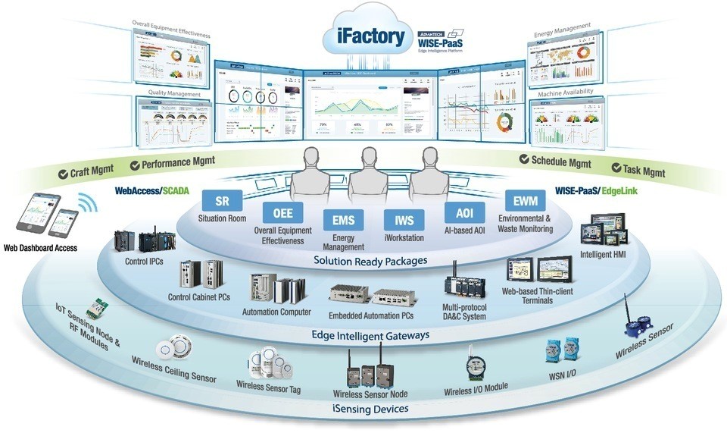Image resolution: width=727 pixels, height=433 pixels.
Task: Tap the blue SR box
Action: pos(222,200)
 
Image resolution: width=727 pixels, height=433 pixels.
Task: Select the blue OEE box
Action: pos(282,213)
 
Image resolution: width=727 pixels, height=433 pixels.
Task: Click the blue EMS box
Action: pos(343,221)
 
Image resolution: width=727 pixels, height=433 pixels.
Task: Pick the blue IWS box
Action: pos(404,221)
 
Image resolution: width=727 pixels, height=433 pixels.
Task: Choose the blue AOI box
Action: pos(464,212)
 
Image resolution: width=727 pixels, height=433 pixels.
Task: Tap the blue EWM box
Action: pos(523,201)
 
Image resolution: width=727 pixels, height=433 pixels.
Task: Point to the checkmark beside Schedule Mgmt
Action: pos(525,159)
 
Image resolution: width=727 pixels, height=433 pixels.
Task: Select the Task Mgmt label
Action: pos(643,171)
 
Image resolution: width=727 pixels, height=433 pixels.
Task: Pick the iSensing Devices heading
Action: pos(370,409)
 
